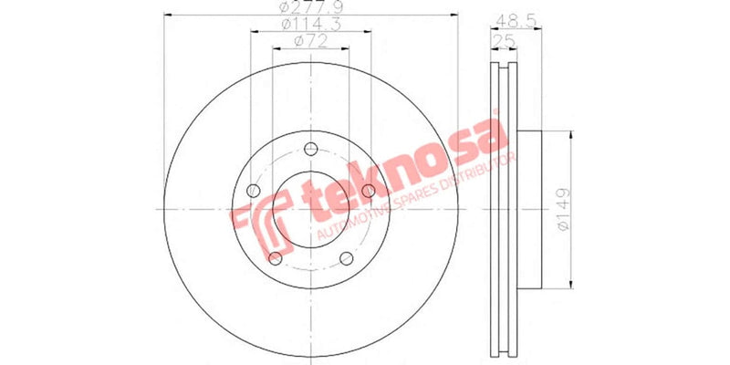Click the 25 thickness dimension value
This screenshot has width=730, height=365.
[501, 42]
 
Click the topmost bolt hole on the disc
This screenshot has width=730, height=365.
[310, 150]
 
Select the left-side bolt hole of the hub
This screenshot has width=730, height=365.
[254, 190]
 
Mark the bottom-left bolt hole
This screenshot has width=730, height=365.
[275, 258]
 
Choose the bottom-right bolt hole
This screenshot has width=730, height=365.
[346, 258]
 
